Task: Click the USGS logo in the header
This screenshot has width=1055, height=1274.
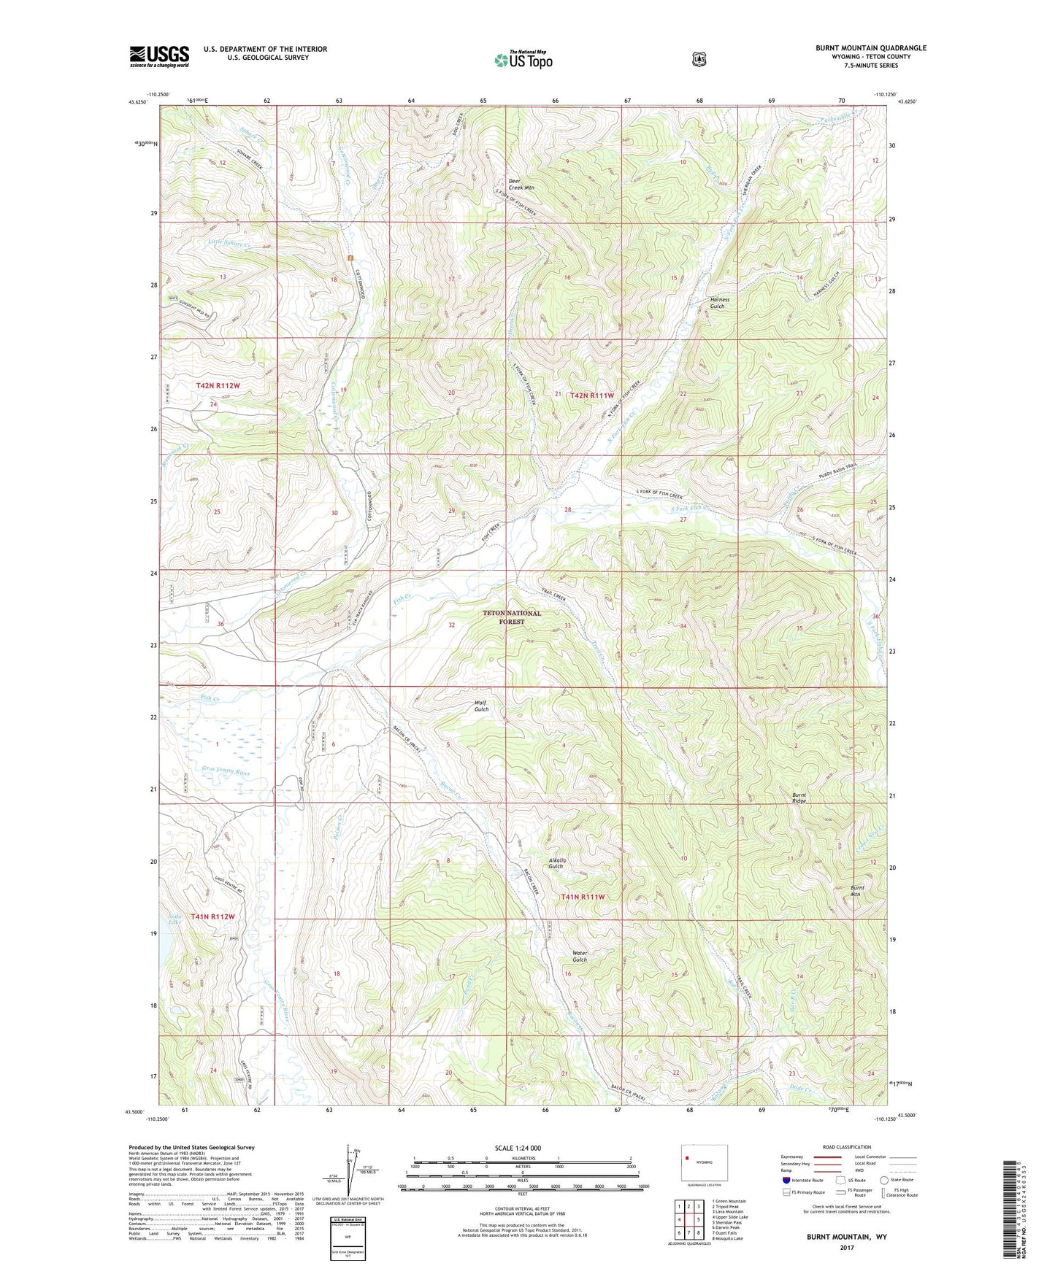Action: (159, 56)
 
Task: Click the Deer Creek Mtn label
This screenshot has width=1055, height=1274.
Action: (521, 184)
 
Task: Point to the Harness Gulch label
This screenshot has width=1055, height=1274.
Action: (719, 303)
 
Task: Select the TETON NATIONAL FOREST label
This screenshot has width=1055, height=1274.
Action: (512, 617)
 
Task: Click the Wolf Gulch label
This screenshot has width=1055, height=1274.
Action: (481, 706)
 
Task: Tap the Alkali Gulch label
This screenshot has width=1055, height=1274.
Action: (556, 862)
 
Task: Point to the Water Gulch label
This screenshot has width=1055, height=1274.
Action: (580, 956)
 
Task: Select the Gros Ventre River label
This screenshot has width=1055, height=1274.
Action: (224, 772)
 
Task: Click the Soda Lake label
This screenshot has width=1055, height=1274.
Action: (174, 919)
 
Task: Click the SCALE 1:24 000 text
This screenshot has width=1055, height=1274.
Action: (518, 1148)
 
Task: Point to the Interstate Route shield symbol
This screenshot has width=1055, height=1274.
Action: (786, 1179)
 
